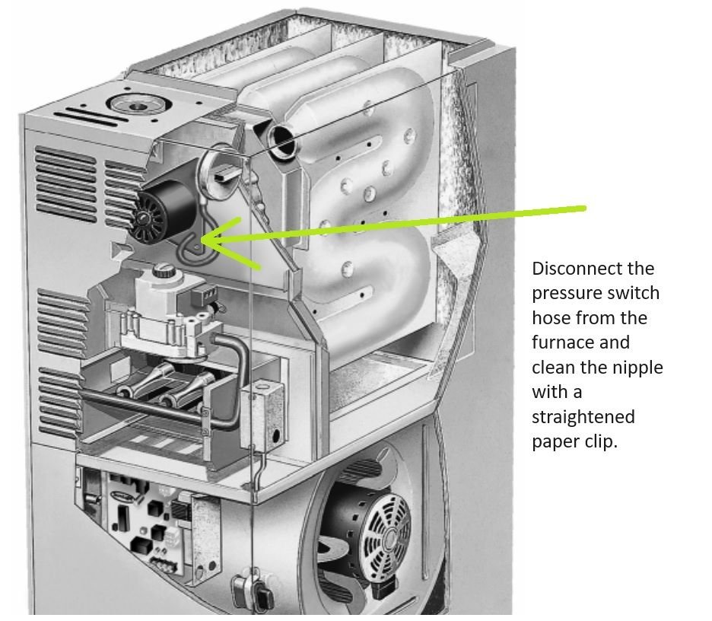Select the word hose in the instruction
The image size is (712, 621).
pos(551,318)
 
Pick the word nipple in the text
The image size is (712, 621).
pos(637,368)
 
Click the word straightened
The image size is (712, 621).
pos(583,417)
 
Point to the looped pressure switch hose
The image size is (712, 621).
pos(190,244)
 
